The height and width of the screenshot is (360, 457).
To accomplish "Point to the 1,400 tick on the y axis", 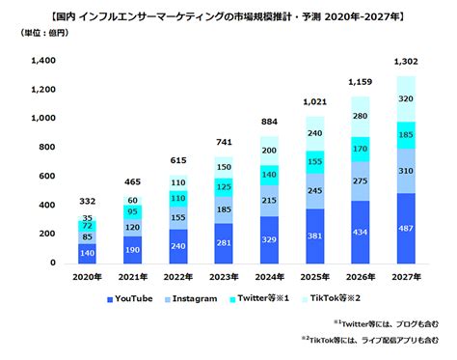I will (43, 61).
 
